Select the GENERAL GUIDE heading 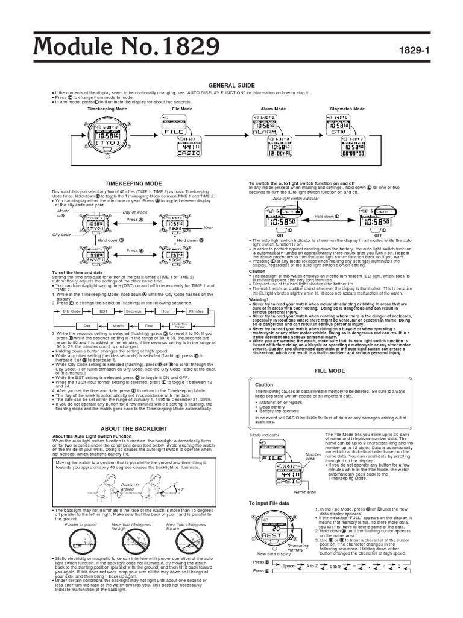[x=231, y=86]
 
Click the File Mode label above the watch [x=182, y=109]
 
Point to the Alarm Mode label [x=272, y=109]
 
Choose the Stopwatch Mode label [x=348, y=109]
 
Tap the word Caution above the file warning [x=264, y=384]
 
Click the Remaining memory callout [x=298, y=548]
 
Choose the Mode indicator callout [x=263, y=435]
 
